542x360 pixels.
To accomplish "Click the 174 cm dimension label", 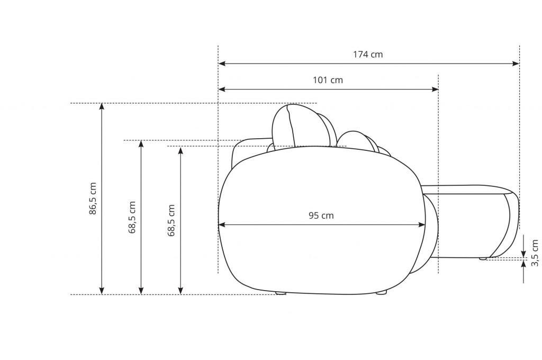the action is tap(368, 55).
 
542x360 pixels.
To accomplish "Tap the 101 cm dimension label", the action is tap(328, 80).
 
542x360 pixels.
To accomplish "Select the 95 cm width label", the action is tap(321, 215).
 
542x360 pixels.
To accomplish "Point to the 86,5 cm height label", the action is tap(93, 199).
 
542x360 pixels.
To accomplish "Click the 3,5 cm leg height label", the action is tap(535, 253).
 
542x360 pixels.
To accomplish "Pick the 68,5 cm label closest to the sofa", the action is tap(171, 220).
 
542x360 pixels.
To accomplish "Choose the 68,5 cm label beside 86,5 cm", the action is tap(132, 217).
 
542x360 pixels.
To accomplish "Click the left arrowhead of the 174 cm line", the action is tap(222, 64).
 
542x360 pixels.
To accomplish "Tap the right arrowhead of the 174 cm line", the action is tap(516, 64).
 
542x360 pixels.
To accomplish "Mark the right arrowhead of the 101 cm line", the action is tap(435, 89).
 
